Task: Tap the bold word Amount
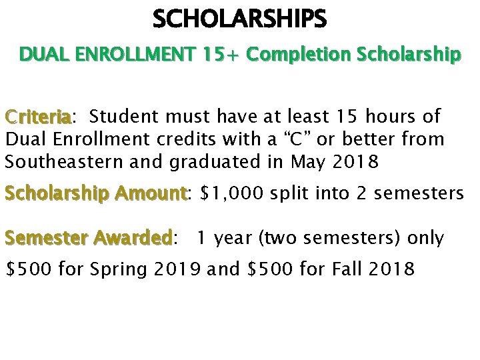pos(151,194)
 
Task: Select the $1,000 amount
pos(229,194)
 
